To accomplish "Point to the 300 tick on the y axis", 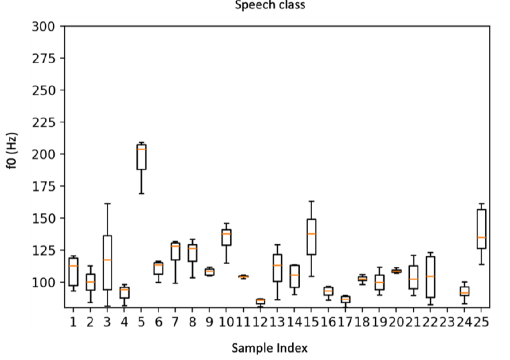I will pos(46,27).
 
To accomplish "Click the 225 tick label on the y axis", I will pos(46,122).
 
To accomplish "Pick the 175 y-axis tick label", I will pos(46,186).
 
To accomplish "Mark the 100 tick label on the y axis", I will pos(46,282).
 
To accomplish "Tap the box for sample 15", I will pos(311,237).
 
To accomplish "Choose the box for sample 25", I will pos(481,229).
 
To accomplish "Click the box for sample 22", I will pos(430,277).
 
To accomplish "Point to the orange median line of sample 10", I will pos(226,234).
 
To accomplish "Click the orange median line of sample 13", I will pos(277,265).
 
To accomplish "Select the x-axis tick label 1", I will pos(73,322).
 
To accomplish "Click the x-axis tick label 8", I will pos(192,322).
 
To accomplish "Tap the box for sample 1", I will pos(73,271).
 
